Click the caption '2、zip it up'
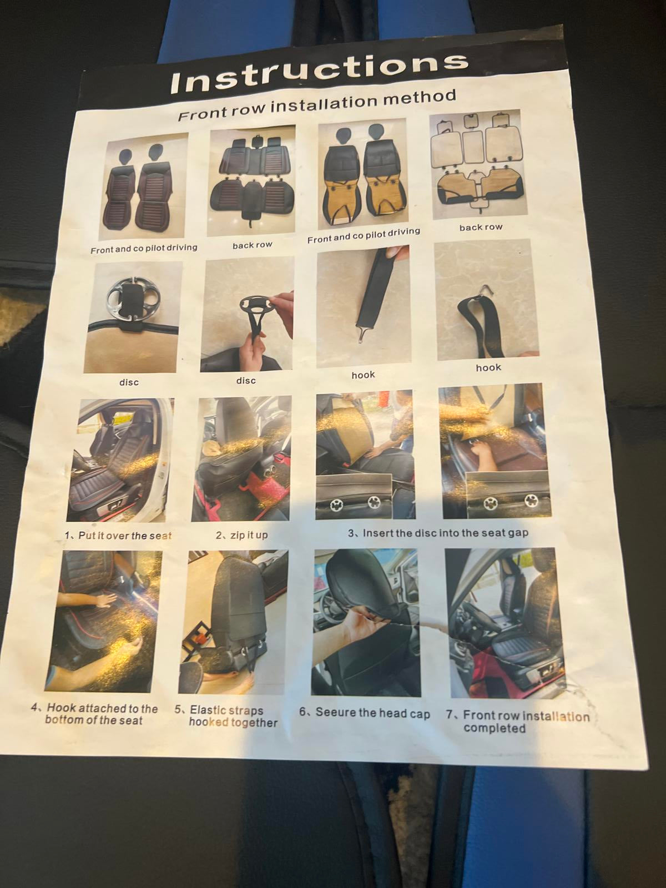pyautogui.click(x=241, y=535)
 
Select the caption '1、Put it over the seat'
pyautogui.click(x=118, y=536)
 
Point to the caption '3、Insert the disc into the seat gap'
pyautogui.click(x=438, y=533)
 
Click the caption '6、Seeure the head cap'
pyautogui.click(x=365, y=713)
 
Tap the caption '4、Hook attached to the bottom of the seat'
pyautogui.click(x=94, y=714)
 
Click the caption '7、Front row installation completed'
pyautogui.click(x=517, y=722)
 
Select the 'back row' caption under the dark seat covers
pyautogui.click(x=253, y=245)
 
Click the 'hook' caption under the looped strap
pyautogui.click(x=488, y=367)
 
